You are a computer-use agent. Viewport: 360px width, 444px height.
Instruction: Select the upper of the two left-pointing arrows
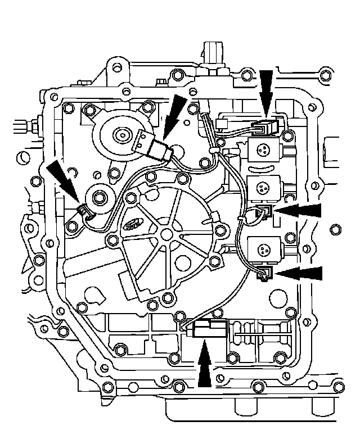[x=301, y=211]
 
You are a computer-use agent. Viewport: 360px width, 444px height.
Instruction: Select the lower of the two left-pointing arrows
[x=301, y=273]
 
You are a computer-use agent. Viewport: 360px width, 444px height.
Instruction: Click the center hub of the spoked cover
[x=168, y=233]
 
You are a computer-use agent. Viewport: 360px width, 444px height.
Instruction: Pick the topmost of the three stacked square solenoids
[x=263, y=150]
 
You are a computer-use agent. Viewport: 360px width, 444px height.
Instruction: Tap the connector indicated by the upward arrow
[x=206, y=328]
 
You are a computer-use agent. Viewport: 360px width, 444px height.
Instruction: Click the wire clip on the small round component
[x=83, y=211]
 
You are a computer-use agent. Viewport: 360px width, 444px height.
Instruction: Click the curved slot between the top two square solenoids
[x=262, y=169]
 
